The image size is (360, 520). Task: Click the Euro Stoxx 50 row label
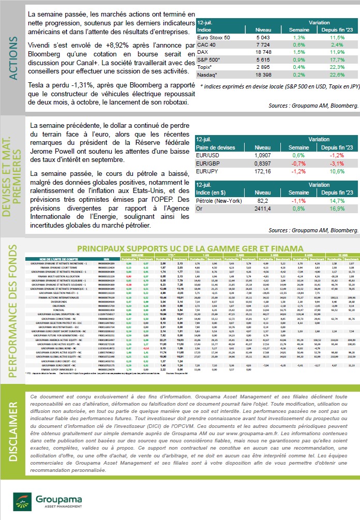point(214,38)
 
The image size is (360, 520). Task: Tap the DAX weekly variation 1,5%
point(299,52)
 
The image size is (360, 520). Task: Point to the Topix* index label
point(206,67)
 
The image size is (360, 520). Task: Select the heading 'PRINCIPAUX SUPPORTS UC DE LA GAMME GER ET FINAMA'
point(190,249)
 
